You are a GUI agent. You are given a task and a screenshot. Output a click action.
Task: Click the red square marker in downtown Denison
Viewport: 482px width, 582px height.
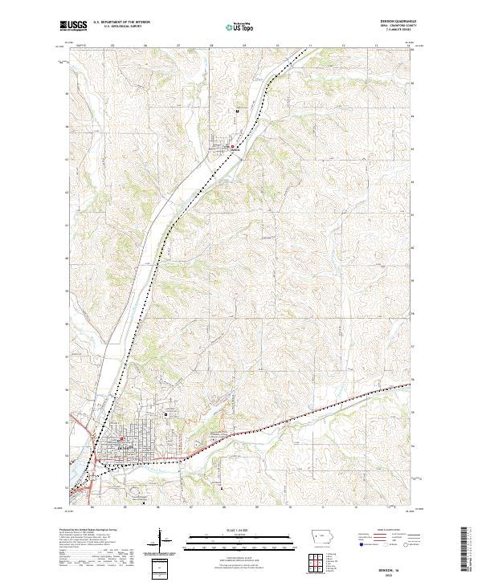click(x=122, y=439)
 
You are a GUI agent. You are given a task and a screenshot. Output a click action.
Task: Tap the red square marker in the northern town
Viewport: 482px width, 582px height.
click(x=233, y=146)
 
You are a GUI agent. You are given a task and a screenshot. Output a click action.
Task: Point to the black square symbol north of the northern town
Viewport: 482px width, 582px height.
click(x=237, y=111)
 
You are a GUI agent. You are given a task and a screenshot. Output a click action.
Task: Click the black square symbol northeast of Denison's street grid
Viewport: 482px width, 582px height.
click(x=166, y=414)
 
